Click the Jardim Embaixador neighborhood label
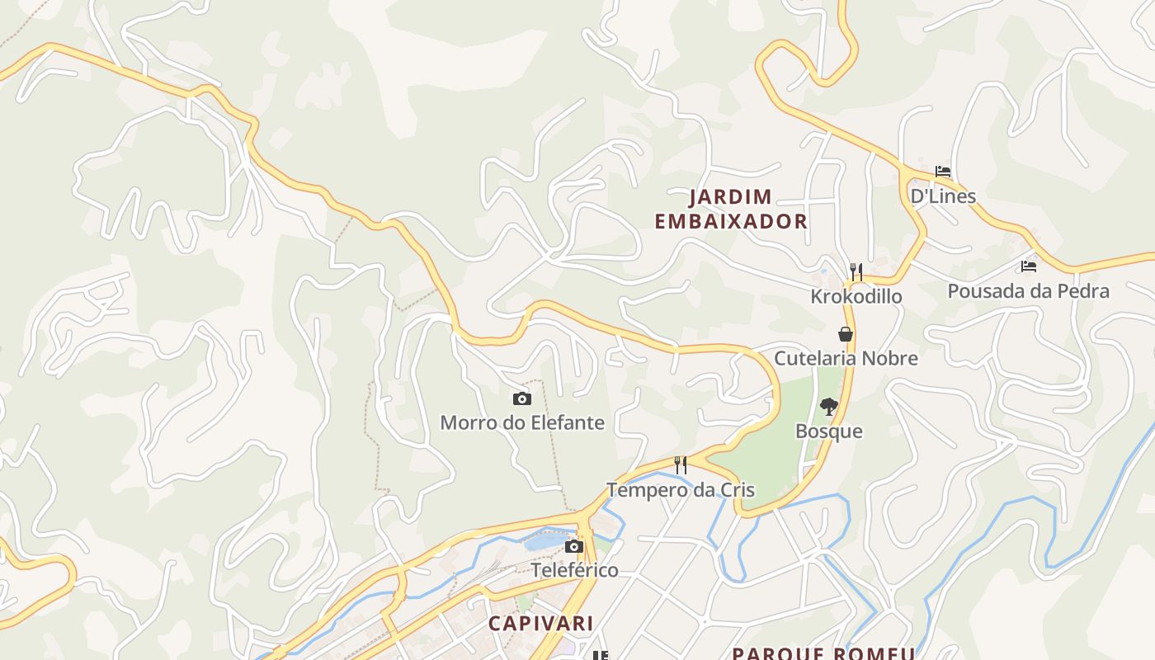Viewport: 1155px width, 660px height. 730,209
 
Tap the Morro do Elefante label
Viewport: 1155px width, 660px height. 522,423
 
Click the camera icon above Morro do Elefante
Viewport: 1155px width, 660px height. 522,399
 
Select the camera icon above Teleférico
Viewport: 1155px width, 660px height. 574,546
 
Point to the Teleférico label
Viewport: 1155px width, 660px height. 574,570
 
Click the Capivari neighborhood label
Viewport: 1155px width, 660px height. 540,623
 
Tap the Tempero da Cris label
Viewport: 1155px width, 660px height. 681,490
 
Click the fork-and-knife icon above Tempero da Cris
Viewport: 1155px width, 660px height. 681,465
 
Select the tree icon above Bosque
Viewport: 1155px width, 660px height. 829,406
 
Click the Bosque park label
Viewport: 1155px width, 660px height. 829,431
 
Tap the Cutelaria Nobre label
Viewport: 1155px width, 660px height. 846,358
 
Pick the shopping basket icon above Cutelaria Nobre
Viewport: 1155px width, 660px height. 846,334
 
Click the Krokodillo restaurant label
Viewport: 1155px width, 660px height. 856,296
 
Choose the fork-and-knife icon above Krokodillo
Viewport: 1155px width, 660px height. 856,271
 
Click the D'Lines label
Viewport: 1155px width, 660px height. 943,196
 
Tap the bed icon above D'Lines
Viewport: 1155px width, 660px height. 943,172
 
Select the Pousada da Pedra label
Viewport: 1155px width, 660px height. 1028,291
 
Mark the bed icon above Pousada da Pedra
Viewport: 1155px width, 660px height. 1028,266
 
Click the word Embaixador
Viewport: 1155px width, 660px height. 730,221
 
